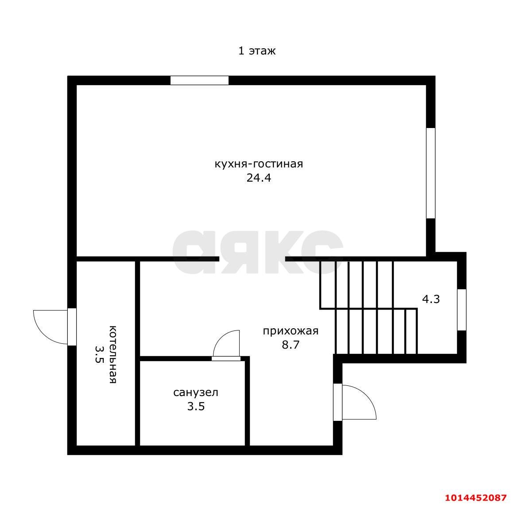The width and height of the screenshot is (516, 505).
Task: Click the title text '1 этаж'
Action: tap(257, 51)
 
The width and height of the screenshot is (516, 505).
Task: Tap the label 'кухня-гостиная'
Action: tap(259, 163)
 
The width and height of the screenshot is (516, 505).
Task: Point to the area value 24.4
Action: tap(259, 178)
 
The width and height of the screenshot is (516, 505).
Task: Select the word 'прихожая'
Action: tap(291, 331)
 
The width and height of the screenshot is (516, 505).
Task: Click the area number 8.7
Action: tap(291, 345)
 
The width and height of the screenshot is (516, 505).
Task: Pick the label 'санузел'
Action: tap(196, 392)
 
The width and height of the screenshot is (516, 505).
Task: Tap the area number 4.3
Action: tap(431, 299)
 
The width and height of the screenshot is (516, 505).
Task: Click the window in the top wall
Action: tap(199, 80)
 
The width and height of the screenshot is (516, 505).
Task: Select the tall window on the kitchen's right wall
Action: tap(431, 173)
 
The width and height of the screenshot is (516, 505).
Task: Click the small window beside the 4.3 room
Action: tap(462, 310)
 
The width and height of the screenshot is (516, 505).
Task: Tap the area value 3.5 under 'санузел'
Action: tap(196, 407)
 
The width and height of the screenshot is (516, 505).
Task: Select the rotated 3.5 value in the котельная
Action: tap(99, 354)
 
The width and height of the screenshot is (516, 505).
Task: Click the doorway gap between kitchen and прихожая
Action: tap(252, 259)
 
